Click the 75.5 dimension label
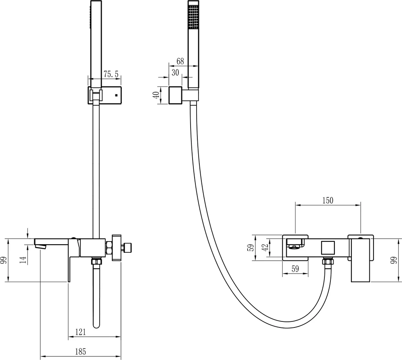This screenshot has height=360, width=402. pos(111,74)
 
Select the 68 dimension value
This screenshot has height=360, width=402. pos(180,61)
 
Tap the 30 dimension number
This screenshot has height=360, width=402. pos(175,72)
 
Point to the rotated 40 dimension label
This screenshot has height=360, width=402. pos(156,95)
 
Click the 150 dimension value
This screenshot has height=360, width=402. pos(328,200)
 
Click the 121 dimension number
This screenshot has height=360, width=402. pos(80,332)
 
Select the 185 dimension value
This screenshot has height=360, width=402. pos(80,352)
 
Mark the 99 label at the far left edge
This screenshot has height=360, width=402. pos(4,260)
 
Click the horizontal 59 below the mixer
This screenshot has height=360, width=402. pos(295,268)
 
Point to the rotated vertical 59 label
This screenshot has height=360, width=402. pos(252,247)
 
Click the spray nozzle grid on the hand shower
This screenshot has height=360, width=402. pos(193,16)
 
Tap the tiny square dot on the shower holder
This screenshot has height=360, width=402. pos(116,96)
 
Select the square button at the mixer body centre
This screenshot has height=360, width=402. pos(328,248)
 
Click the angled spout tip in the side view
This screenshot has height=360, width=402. pos(41,246)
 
